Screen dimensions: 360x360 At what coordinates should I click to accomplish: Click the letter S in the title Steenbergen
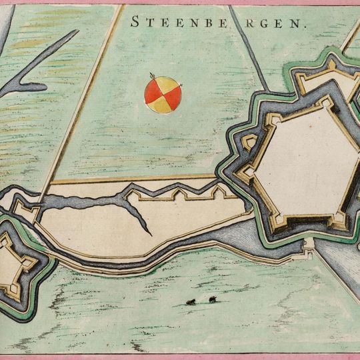tap(135, 21)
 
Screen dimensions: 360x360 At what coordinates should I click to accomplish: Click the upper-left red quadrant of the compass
tap(154, 87)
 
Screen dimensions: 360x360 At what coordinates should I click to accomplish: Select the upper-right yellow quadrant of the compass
tap(171, 87)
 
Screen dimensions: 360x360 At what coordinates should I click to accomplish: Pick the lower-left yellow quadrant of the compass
tap(154, 103)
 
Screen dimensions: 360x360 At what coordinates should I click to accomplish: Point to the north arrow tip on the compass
tap(151, 74)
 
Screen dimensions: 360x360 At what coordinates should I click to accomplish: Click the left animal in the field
tap(191, 302)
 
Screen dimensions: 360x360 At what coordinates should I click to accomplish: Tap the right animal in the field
tap(212, 300)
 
